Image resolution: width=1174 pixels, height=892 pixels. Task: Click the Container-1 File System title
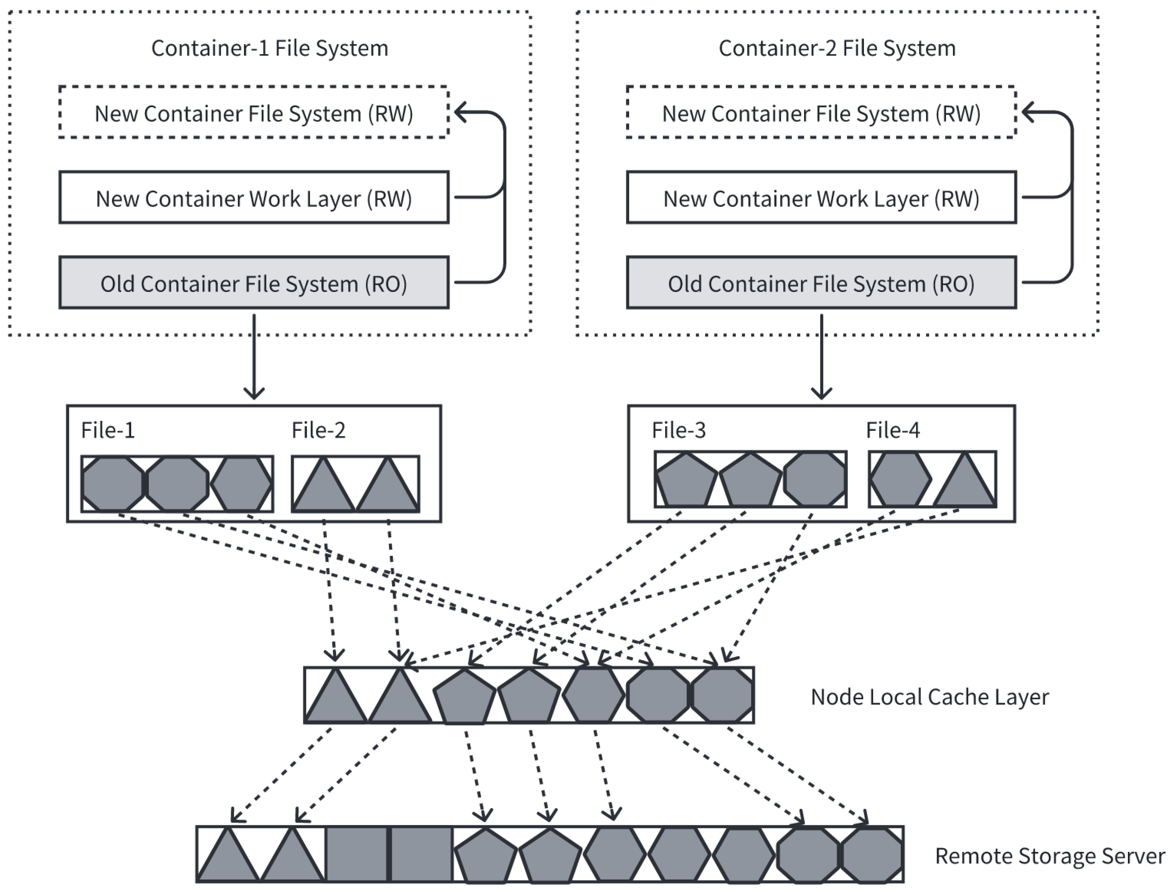[x=270, y=48]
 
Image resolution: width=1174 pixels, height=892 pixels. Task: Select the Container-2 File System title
[x=837, y=48]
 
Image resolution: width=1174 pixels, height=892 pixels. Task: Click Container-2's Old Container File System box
[x=821, y=283]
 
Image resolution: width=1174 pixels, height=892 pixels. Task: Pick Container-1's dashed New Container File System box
[x=254, y=113]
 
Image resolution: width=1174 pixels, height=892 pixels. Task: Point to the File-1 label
[x=108, y=430]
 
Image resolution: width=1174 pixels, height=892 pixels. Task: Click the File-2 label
[x=318, y=430]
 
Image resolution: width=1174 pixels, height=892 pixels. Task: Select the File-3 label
[x=678, y=430]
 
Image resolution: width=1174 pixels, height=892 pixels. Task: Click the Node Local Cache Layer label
[x=930, y=697]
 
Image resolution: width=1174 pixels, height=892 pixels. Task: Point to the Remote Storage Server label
[x=1050, y=856]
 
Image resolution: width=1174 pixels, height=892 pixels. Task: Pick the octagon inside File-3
[x=814, y=479]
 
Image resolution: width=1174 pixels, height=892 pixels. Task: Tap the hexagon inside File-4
[x=900, y=479]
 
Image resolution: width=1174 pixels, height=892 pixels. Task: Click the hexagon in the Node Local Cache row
[x=593, y=695]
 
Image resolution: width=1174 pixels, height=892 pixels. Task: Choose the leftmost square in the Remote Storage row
[x=356, y=854]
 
